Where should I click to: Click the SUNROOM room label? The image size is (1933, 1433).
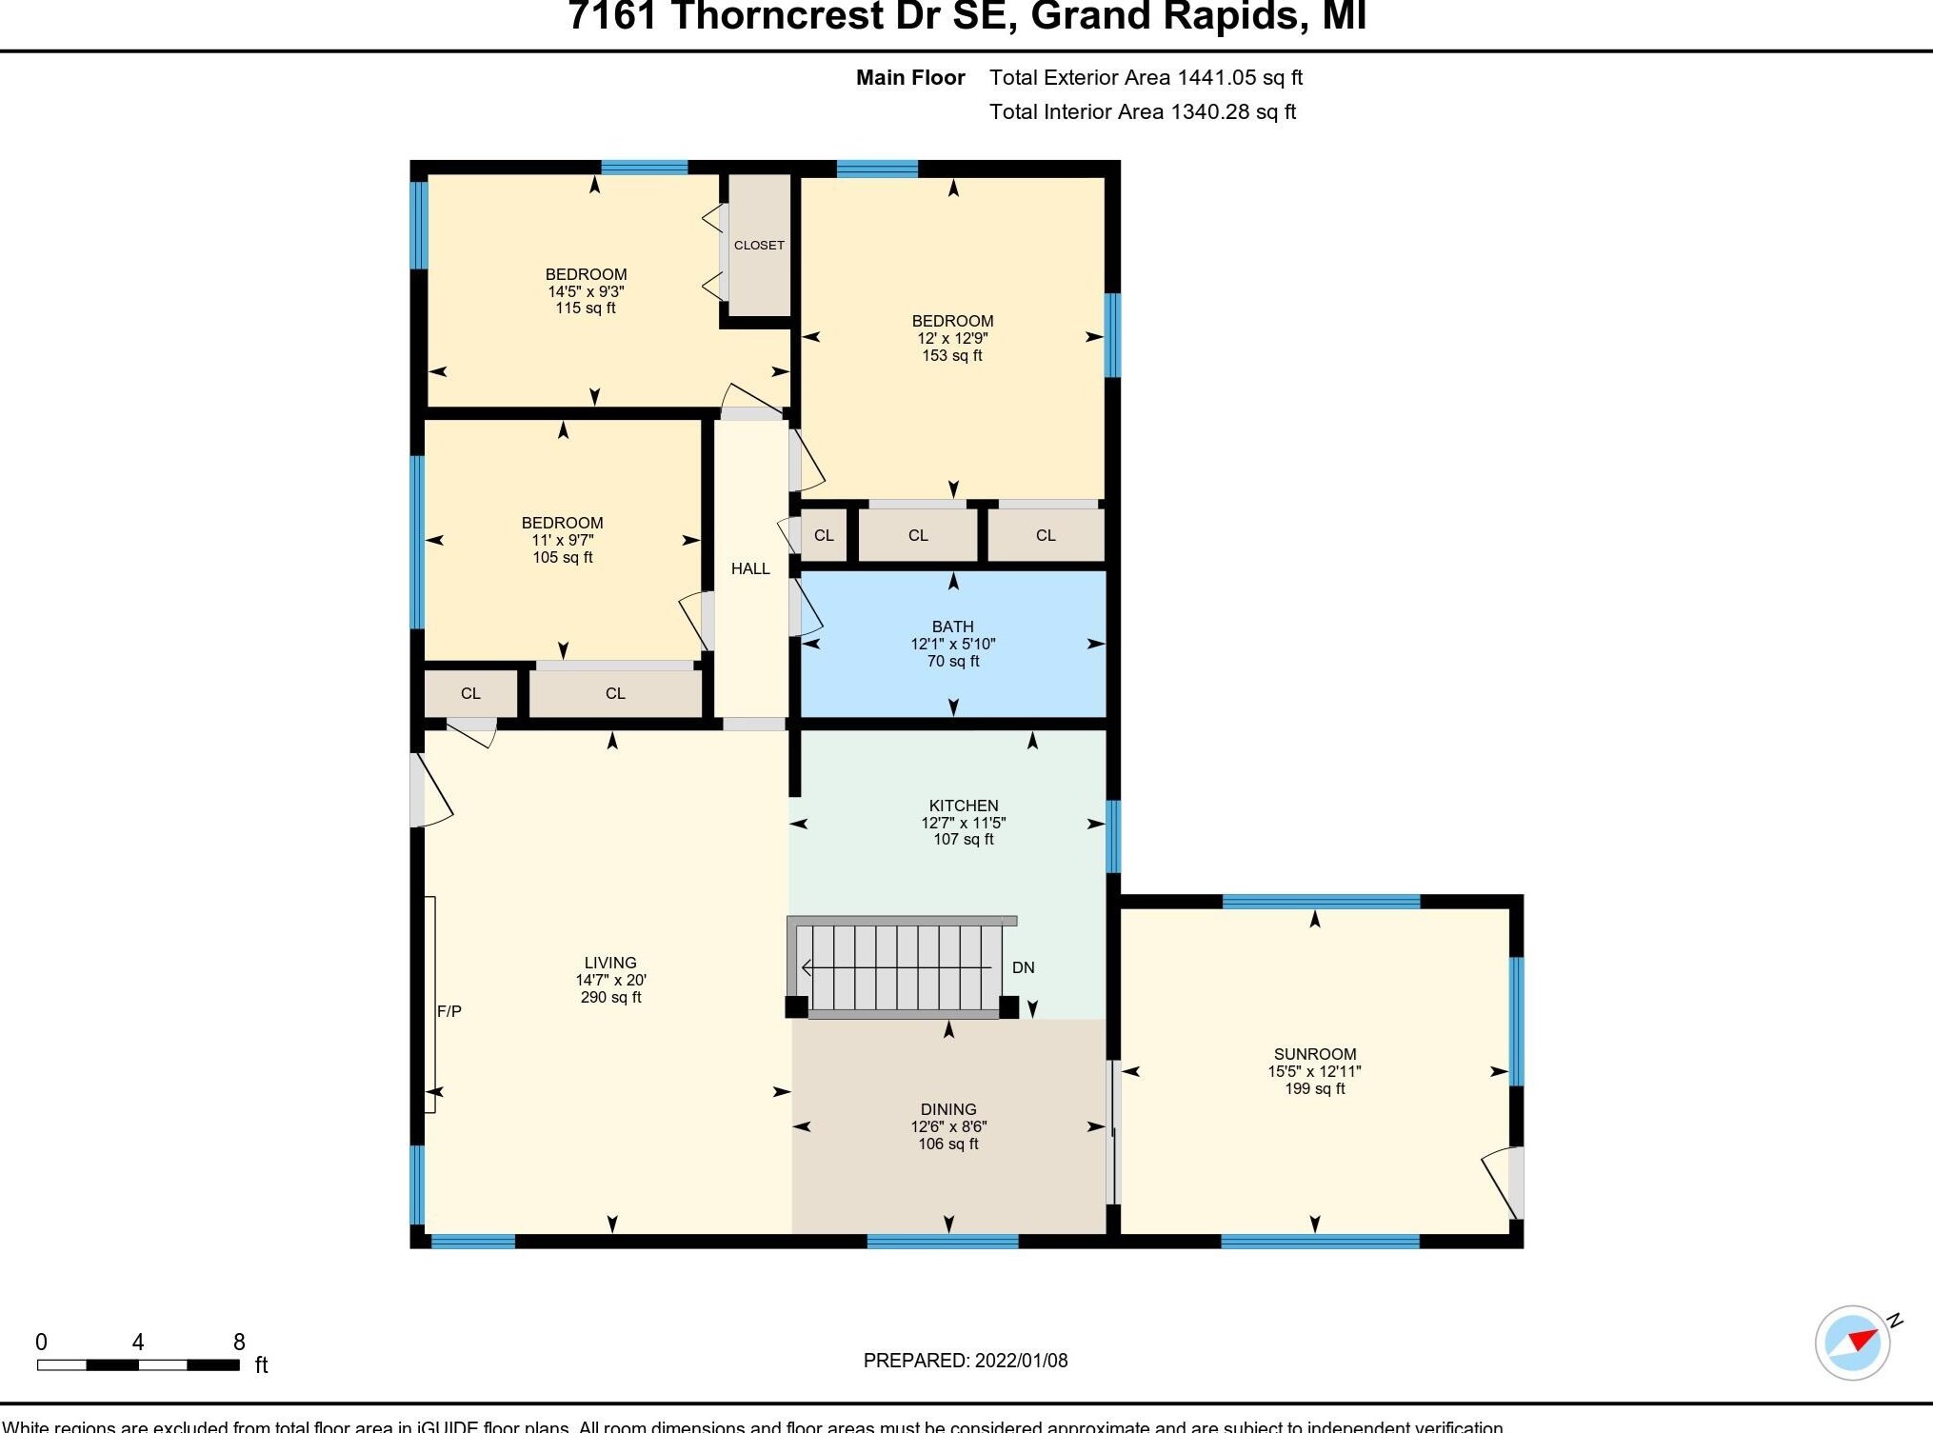click(x=1314, y=1054)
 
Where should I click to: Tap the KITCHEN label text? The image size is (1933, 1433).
click(x=964, y=806)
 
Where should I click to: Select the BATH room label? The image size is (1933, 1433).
click(x=952, y=627)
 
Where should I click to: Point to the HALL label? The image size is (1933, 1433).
click(x=750, y=568)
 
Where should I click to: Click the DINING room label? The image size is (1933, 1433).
click(x=948, y=1109)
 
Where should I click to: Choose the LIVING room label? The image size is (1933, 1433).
click(x=610, y=963)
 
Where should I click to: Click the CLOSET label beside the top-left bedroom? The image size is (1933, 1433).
click(x=759, y=246)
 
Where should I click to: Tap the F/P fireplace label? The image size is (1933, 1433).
click(x=449, y=1011)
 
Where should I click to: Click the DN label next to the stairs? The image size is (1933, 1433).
click(x=1023, y=967)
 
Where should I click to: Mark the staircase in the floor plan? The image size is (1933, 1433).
click(x=899, y=967)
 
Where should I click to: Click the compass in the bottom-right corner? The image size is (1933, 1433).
click(x=1852, y=1343)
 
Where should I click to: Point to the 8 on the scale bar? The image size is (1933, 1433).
click(x=239, y=1342)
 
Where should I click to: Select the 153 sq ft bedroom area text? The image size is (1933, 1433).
click(x=951, y=355)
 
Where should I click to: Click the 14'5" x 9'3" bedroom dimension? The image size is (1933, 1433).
click(x=586, y=291)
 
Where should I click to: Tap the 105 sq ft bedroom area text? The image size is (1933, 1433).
click(x=562, y=557)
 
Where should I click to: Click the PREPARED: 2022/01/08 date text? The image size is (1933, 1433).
click(x=966, y=1361)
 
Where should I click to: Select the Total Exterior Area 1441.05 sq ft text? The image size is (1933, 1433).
click(x=1146, y=77)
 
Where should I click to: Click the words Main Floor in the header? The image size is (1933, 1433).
click(x=910, y=77)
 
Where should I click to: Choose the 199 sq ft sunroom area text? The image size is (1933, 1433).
click(x=1314, y=1088)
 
